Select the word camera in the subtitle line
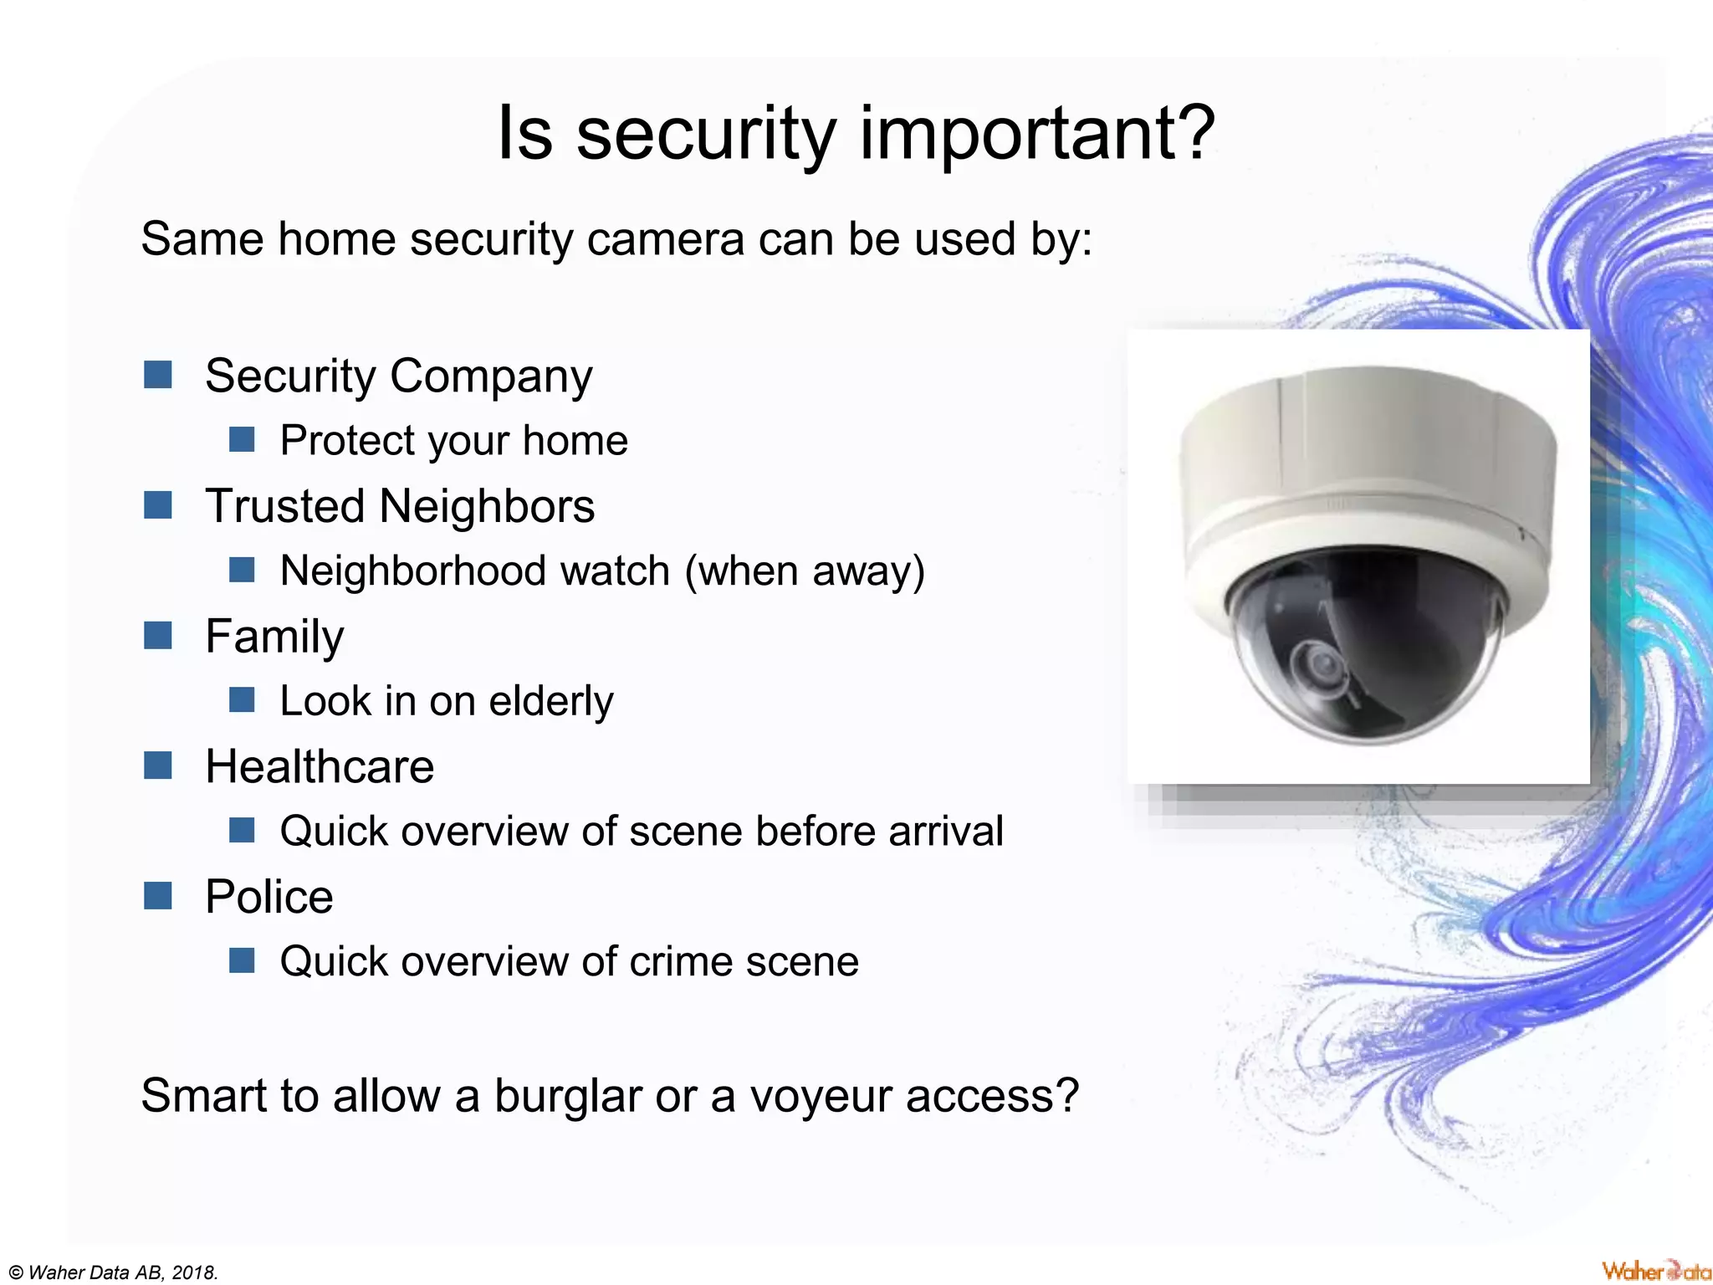tap(665, 239)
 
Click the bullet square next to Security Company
tap(157, 375)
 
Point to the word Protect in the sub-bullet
tap(347, 441)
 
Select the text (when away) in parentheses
tap(805, 571)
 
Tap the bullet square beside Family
tap(157, 636)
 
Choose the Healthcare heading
tap(320, 766)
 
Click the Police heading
tap(268, 897)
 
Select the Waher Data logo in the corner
tap(1655, 1271)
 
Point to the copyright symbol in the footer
tap(16, 1273)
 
